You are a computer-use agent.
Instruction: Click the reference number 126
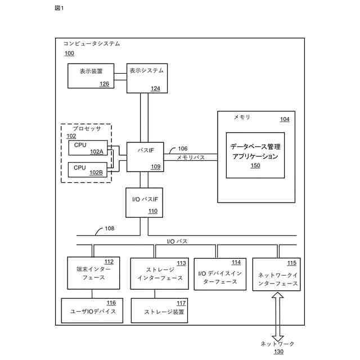[x=105, y=84]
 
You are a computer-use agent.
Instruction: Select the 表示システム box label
[x=146, y=71]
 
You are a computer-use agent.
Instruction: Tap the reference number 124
[x=155, y=88]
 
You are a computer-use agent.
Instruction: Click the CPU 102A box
[x=88, y=147]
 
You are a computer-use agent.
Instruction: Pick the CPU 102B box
[x=88, y=169]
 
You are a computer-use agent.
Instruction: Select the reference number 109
[x=155, y=166]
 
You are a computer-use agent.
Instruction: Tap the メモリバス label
[x=191, y=159]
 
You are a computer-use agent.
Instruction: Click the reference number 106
[x=183, y=149]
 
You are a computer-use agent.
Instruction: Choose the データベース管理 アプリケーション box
[x=255, y=155]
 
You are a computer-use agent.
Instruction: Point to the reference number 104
[x=285, y=119]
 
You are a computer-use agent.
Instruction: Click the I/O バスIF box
[x=144, y=202]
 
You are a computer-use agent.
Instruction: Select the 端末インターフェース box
[x=93, y=273]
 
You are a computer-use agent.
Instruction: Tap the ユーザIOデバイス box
[x=92, y=310]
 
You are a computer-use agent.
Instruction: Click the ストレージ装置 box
[x=160, y=310]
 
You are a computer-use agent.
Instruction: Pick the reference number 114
[x=236, y=262]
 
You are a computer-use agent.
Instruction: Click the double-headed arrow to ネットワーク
[x=276, y=316]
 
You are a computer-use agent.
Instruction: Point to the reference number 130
[x=279, y=352]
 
